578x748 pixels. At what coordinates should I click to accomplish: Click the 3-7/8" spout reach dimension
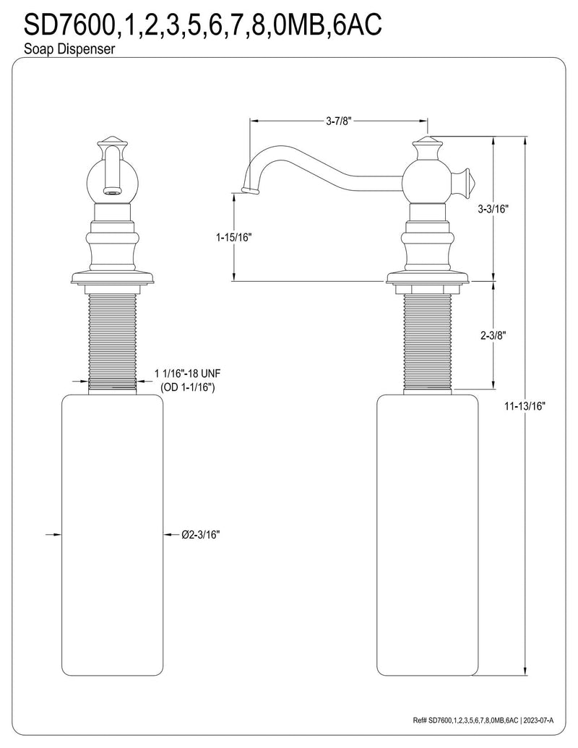click(x=338, y=121)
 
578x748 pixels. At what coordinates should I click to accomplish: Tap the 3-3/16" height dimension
click(x=493, y=209)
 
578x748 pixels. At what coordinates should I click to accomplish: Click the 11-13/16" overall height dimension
click(x=524, y=406)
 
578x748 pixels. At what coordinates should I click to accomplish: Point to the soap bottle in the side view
click(x=427, y=535)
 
